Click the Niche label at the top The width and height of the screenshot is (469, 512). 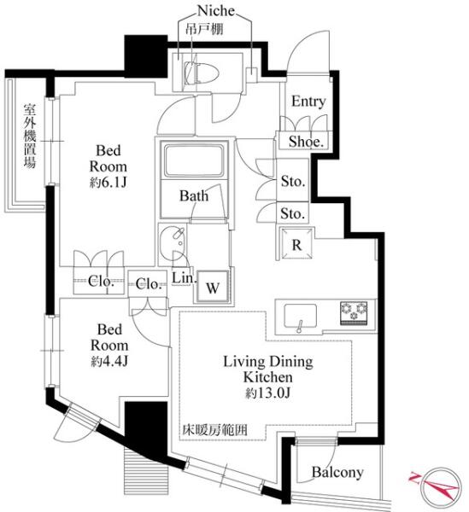pos(216,11)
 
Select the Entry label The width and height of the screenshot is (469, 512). pos(308,102)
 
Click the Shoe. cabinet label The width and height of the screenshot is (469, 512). pos(306,142)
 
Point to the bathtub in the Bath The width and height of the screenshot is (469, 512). pos(194,161)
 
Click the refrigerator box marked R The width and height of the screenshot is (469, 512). pos(296,243)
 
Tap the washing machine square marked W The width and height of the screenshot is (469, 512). pos(213,287)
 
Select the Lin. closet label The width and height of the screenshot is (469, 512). pos(184,278)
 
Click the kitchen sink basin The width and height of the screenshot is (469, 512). pos(300,316)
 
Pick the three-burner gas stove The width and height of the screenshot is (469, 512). pos(354,313)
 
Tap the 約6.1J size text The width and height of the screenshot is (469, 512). pos(108,183)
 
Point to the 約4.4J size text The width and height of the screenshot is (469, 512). pos(109,362)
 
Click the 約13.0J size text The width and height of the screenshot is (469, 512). pos(268,393)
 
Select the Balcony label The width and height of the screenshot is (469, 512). pos(337,472)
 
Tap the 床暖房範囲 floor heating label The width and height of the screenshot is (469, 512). pos(214,430)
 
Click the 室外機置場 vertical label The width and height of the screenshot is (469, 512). pos(29,136)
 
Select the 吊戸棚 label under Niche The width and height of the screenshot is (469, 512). pos(204,29)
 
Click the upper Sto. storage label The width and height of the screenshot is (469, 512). pos(293,181)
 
